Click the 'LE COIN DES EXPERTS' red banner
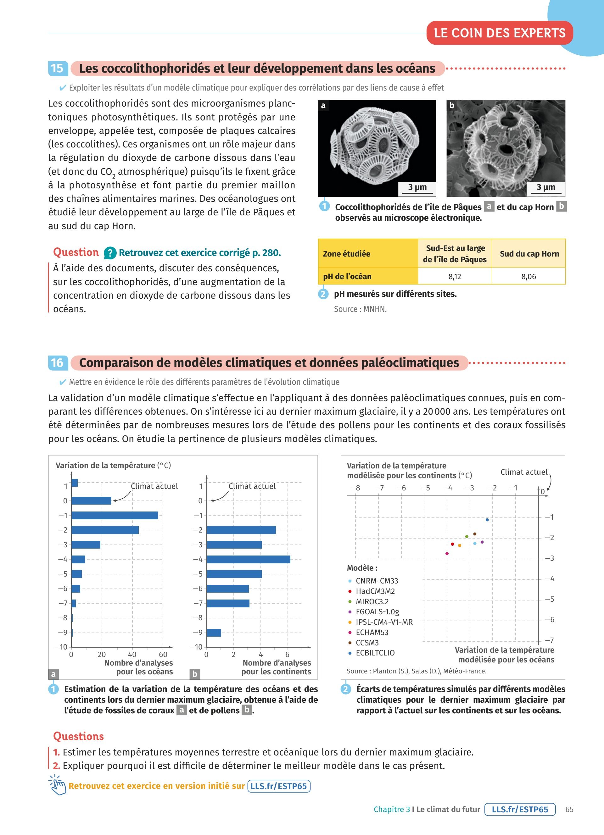500,33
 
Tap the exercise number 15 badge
57,69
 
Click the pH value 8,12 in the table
455,276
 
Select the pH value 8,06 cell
528,276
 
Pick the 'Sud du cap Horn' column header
529,254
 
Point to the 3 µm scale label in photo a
417,187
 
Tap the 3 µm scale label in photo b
545,187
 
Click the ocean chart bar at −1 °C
115,516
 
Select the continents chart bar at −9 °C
214,633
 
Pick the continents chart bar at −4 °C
248,560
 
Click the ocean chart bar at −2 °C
105,530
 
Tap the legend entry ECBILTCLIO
375,653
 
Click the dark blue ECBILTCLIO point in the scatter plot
487,520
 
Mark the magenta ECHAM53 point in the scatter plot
447,553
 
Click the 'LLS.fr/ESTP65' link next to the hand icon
279,786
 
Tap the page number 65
569,809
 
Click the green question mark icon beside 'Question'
110,253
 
